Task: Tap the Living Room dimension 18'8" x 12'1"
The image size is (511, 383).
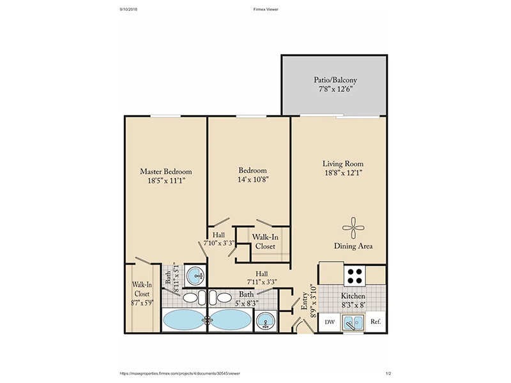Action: click(344, 172)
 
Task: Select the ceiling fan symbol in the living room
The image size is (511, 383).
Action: click(353, 228)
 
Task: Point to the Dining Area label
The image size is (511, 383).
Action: click(353, 246)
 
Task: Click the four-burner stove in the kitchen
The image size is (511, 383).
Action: click(355, 276)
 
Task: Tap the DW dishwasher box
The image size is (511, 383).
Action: click(330, 322)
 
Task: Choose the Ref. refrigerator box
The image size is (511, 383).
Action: click(376, 322)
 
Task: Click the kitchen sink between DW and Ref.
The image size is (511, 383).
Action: click(353, 323)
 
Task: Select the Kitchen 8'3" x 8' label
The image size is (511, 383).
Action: click(353, 301)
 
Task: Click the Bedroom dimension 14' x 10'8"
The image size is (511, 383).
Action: click(253, 179)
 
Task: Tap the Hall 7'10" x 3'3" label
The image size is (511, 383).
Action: click(218, 239)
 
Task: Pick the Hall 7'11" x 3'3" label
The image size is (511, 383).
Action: click(262, 278)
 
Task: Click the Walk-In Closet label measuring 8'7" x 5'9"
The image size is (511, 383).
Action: click(142, 294)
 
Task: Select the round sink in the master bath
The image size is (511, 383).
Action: click(195, 276)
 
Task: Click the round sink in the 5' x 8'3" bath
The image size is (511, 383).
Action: click(266, 321)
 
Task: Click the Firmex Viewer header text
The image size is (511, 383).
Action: click(266, 10)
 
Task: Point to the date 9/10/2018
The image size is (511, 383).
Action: click(129, 10)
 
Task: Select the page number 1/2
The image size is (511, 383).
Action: click(388, 373)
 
